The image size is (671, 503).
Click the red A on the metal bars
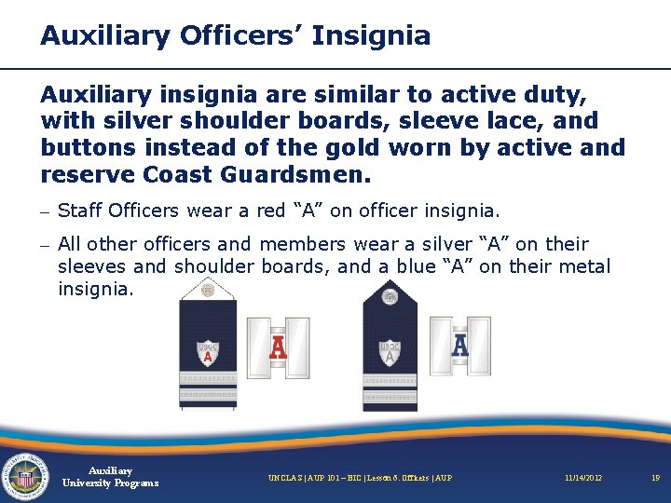(277, 347)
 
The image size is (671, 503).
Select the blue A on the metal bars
(459, 347)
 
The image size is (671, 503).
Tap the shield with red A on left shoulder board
(208, 353)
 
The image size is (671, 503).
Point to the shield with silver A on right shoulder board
(390, 352)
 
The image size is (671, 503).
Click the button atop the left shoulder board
(208, 291)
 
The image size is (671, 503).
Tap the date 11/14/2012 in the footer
(583, 478)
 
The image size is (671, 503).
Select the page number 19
(655, 478)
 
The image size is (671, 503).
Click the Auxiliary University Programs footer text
(110, 477)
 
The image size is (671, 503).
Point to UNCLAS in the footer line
(285, 478)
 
